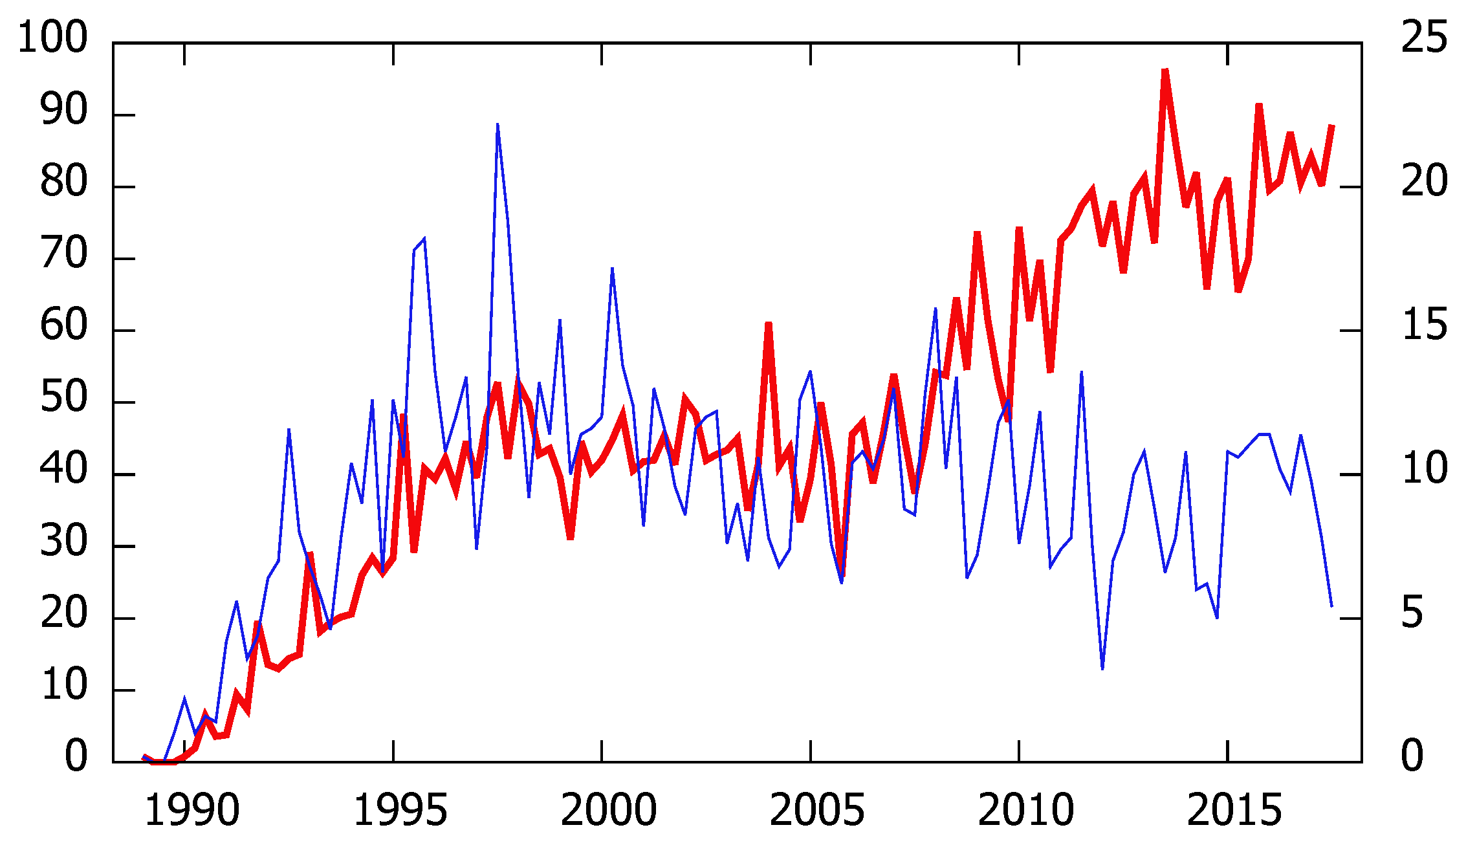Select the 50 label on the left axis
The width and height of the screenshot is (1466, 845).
63,397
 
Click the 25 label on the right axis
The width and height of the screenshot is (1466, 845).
1424,38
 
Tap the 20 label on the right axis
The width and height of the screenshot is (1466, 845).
1424,181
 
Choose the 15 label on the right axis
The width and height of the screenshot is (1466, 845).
1424,325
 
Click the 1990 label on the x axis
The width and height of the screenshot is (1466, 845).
191,810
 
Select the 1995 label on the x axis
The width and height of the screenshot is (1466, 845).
400,810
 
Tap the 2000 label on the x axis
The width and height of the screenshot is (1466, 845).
608,810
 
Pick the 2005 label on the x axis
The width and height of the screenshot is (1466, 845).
816,810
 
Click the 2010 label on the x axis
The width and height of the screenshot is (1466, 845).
1025,810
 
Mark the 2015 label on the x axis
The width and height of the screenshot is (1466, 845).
1234,810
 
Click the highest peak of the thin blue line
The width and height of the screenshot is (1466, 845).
498,124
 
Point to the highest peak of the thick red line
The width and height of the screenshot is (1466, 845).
1165,70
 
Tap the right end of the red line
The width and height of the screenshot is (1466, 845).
1331,126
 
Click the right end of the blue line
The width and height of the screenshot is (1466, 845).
1331,606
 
